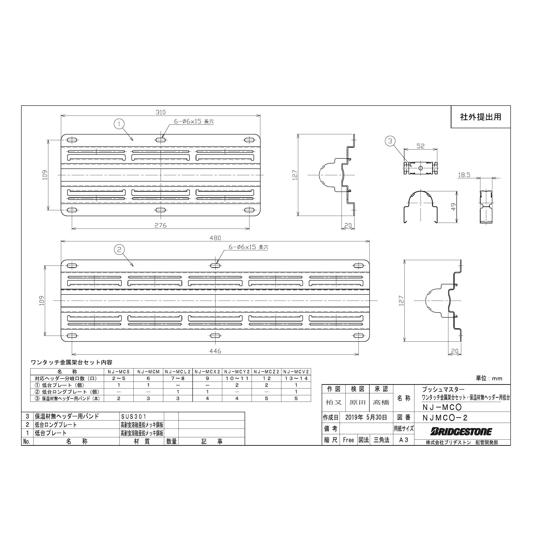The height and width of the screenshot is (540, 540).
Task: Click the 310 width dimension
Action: [x=160, y=112]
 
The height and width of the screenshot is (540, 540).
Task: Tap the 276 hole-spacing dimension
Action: [x=160, y=225]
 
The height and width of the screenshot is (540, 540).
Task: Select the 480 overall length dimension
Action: [x=215, y=238]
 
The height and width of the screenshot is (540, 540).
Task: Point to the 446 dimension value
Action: [x=215, y=351]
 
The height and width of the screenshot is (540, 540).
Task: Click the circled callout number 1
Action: [x=119, y=124]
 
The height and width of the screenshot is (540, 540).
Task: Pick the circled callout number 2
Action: [x=119, y=249]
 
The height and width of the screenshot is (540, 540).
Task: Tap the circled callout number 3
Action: [x=390, y=141]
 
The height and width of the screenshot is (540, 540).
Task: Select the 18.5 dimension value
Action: [x=464, y=175]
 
